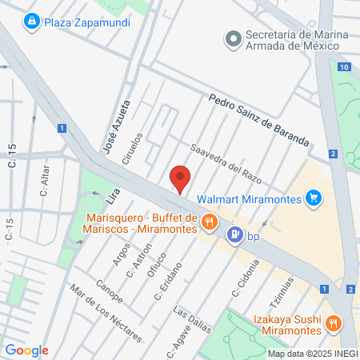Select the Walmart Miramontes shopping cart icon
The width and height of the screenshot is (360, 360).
314,198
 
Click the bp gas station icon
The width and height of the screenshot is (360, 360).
235,235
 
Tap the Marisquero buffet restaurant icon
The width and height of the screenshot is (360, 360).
210,222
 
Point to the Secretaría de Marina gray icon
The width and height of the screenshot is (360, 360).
234,38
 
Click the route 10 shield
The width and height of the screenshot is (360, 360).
343,67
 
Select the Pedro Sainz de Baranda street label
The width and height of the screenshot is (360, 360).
258,121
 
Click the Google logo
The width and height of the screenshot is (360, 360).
26,350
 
